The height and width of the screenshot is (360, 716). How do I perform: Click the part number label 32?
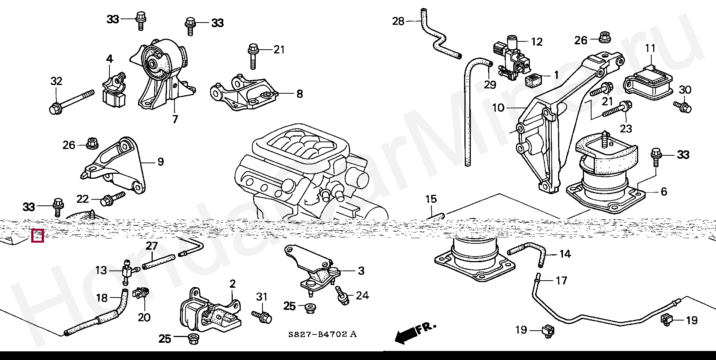[56, 81]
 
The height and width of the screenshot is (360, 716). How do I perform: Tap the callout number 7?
[175, 119]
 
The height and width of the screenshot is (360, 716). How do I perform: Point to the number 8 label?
[299, 94]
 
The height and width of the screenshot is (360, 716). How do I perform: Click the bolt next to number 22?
[112, 199]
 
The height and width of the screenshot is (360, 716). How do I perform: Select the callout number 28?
[398, 21]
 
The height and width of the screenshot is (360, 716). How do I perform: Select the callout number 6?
[664, 191]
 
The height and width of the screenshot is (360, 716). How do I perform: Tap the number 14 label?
[565, 254]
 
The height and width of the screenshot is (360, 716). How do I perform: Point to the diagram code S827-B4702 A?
[322, 334]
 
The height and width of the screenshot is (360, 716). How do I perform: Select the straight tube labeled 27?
[159, 262]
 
